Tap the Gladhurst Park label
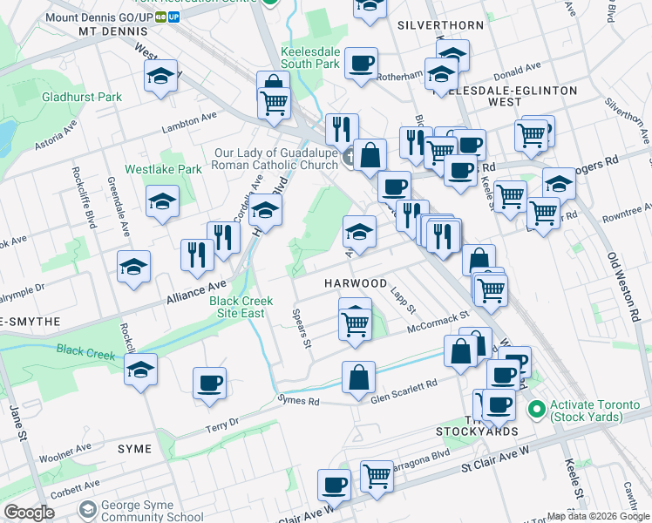point(82,97)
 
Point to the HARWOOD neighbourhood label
point(356,284)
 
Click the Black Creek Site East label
point(241,307)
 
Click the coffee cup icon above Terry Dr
point(209,384)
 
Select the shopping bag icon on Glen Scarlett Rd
point(358,378)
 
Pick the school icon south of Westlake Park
point(162,203)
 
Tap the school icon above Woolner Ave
point(140,370)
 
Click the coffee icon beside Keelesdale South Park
point(361,64)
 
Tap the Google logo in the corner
point(28,513)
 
